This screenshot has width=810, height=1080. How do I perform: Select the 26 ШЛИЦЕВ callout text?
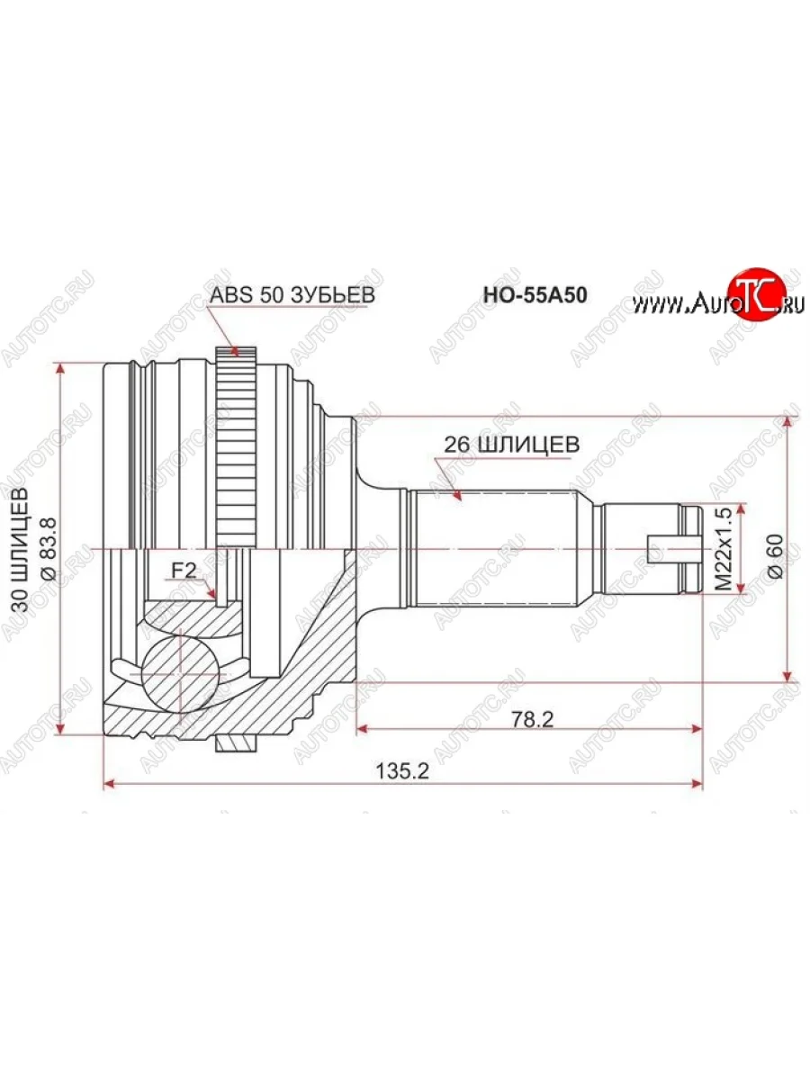(510, 445)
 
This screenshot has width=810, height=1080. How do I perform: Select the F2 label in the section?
(184, 570)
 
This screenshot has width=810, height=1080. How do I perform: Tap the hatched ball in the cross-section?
(180, 671)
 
